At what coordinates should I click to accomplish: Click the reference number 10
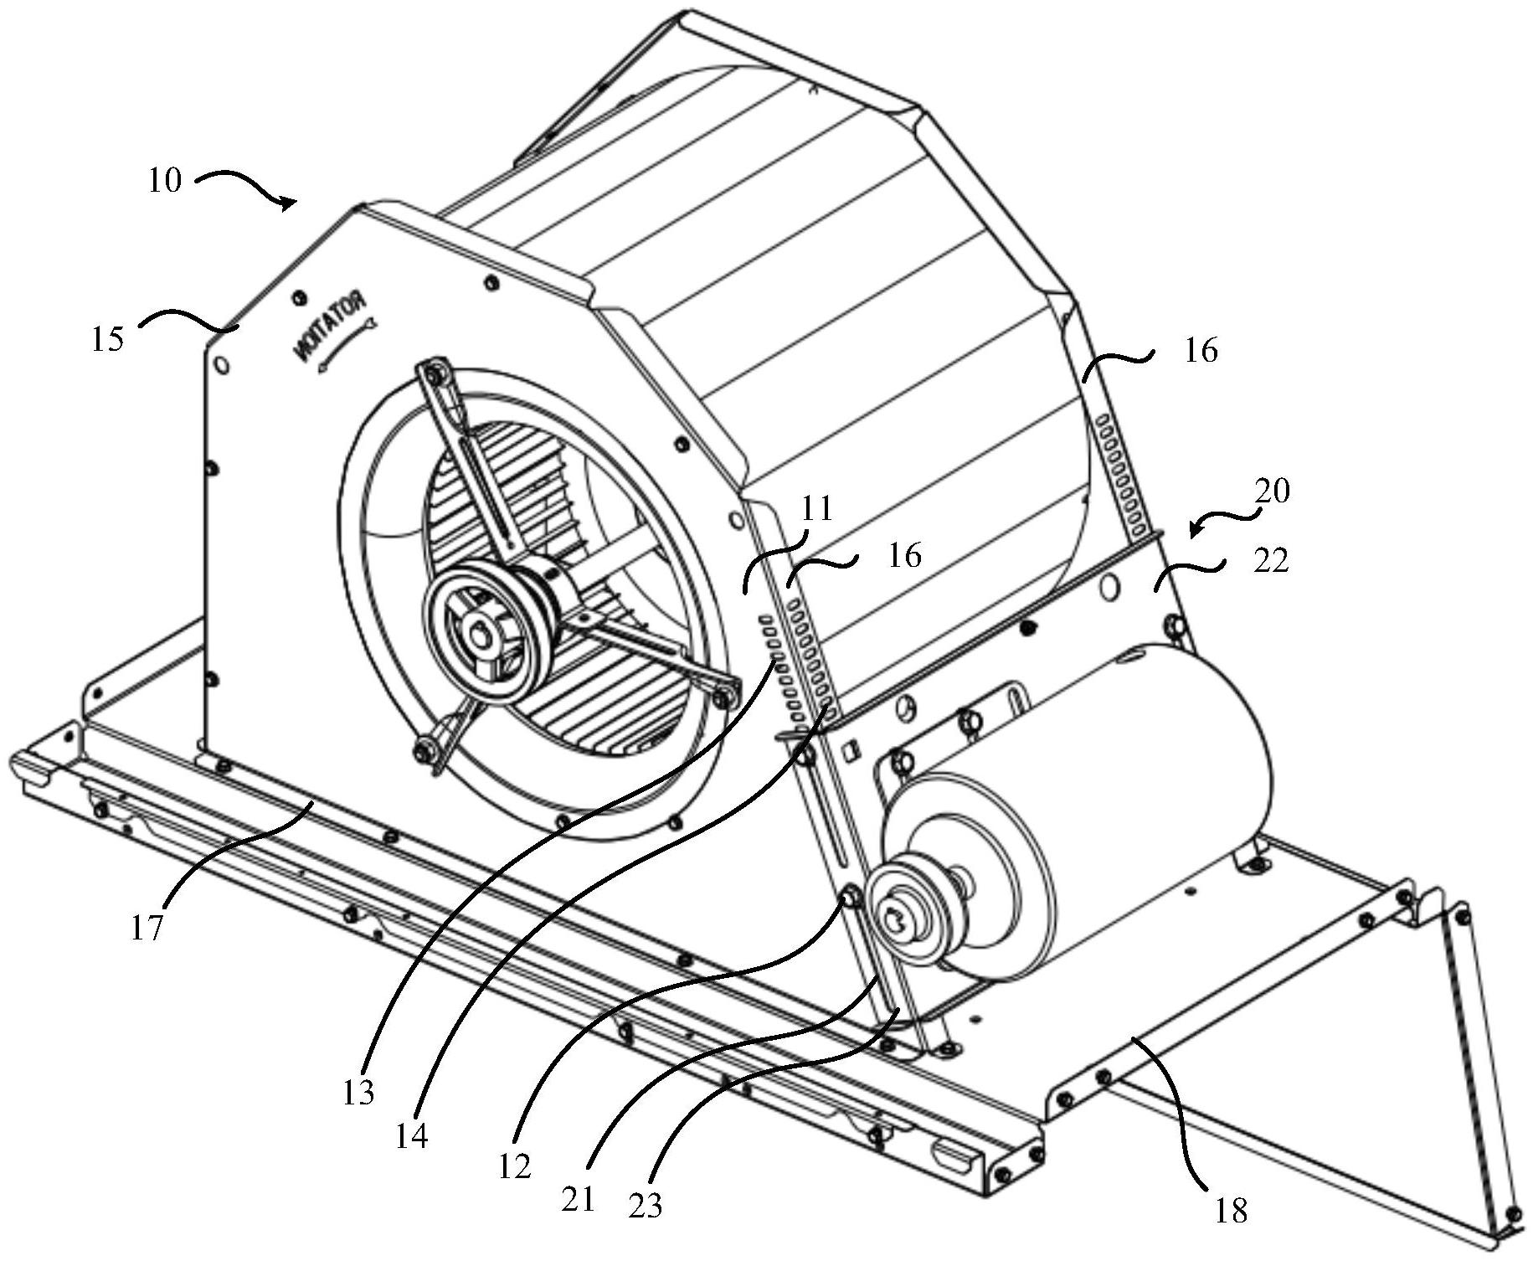click(165, 181)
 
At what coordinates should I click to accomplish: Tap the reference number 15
click(108, 339)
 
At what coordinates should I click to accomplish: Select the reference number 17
click(146, 929)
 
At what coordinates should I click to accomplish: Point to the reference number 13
click(358, 1093)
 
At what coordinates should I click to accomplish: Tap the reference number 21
click(578, 1199)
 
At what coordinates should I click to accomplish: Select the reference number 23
click(645, 1205)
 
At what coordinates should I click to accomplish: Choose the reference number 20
click(1273, 491)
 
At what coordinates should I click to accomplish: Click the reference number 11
click(817, 508)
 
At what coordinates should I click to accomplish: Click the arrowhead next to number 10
click(288, 203)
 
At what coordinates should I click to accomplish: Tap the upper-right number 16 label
click(1201, 350)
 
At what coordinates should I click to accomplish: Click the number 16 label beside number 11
click(904, 555)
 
